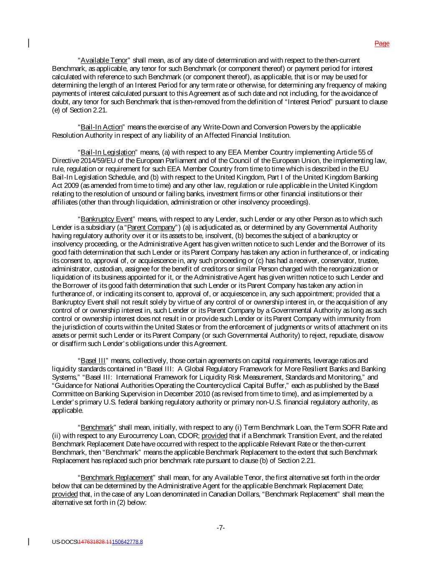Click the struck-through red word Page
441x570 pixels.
pyautogui.click(x=382, y=43)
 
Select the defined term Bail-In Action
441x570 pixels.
pyautogui.click(x=101, y=127)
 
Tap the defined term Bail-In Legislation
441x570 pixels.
pyautogui.click(x=108, y=152)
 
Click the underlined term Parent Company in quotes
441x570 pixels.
pyautogui.click(x=151, y=227)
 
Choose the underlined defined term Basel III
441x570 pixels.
pyautogui.click(x=93, y=360)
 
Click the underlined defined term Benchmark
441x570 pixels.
pyautogui.click(x=97, y=427)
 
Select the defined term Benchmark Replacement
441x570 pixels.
pyautogui.click(x=117, y=477)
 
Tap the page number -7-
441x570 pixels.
pyautogui.click(x=221, y=528)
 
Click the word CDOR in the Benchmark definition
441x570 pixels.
pyautogui.click(x=191, y=436)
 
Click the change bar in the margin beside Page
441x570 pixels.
pyautogui.click(x=28, y=43)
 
